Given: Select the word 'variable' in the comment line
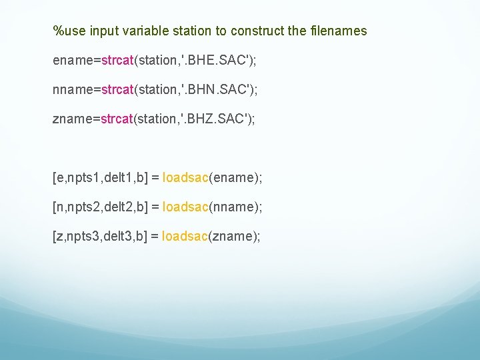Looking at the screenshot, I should click(139, 31).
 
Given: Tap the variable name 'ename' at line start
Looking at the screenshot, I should click(73, 61).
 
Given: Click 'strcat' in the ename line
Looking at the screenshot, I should click(117, 61).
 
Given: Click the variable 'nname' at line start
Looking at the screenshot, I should click(73, 90).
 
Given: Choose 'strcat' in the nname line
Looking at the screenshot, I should click(117, 90).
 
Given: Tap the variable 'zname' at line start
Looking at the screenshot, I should click(73, 119).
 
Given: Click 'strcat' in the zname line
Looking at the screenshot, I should click(117, 119).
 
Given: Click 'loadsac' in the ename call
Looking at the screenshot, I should click(185, 178).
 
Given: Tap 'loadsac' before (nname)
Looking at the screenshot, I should click(185, 207).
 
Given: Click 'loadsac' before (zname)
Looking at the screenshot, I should click(185, 237).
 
